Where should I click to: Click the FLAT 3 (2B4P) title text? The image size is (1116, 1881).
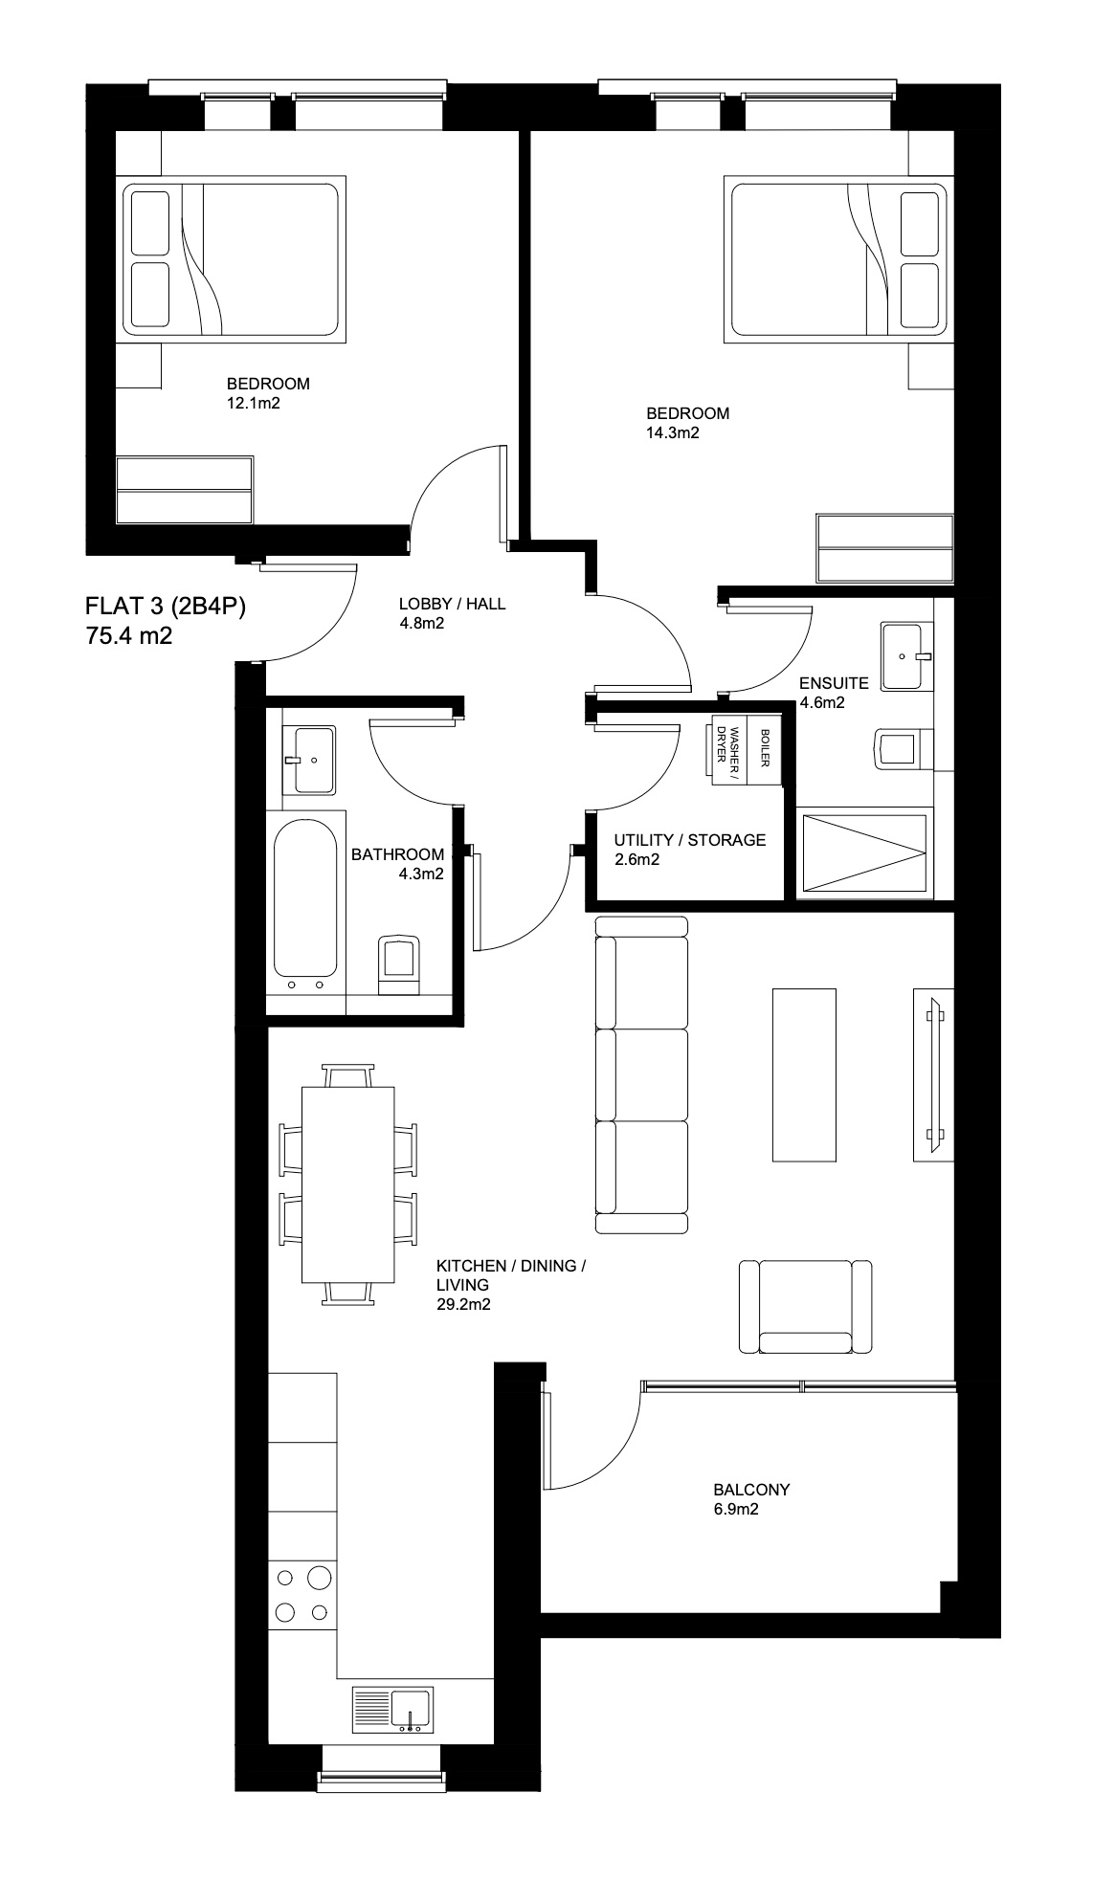[166, 608]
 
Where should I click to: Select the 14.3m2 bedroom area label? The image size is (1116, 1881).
[673, 432]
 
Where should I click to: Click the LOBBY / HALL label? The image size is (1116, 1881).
[452, 604]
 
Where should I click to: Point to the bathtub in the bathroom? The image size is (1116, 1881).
[305, 896]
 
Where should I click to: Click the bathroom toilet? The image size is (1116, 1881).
[398, 964]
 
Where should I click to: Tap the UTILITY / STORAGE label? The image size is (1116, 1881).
[689, 840]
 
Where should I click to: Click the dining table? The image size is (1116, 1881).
[348, 1184]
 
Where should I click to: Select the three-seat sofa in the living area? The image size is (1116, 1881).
[641, 1074]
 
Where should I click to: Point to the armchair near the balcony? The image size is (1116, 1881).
[806, 1306]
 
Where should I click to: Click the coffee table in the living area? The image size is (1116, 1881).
[804, 1074]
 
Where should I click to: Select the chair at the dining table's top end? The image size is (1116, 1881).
[348, 1074]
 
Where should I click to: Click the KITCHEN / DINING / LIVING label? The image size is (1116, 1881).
[510, 1266]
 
